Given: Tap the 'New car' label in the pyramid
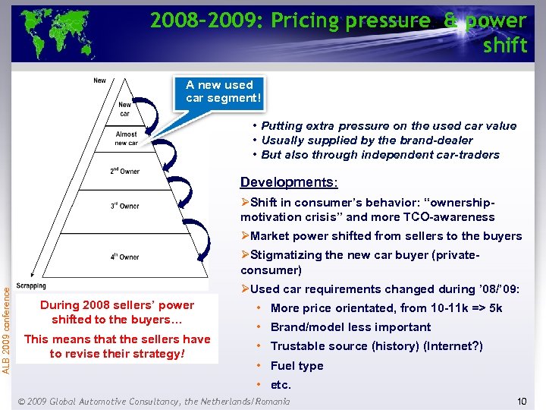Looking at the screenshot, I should point(124,109).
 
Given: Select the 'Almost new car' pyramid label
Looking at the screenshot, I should point(126,138).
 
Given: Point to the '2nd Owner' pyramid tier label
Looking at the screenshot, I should point(125,171).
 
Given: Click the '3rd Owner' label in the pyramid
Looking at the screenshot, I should point(124,206).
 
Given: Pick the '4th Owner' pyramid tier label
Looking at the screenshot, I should point(124,257).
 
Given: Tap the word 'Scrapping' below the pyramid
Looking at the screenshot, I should point(31,285).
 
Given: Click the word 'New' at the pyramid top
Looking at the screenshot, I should point(99,80).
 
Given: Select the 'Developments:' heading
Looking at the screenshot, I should point(289,182).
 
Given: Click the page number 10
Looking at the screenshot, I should point(521,400).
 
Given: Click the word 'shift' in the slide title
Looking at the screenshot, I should point(504,46).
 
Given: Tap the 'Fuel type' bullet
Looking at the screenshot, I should point(297,365).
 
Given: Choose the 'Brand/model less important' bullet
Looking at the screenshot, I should point(350,327).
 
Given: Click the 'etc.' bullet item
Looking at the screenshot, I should point(281,385).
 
